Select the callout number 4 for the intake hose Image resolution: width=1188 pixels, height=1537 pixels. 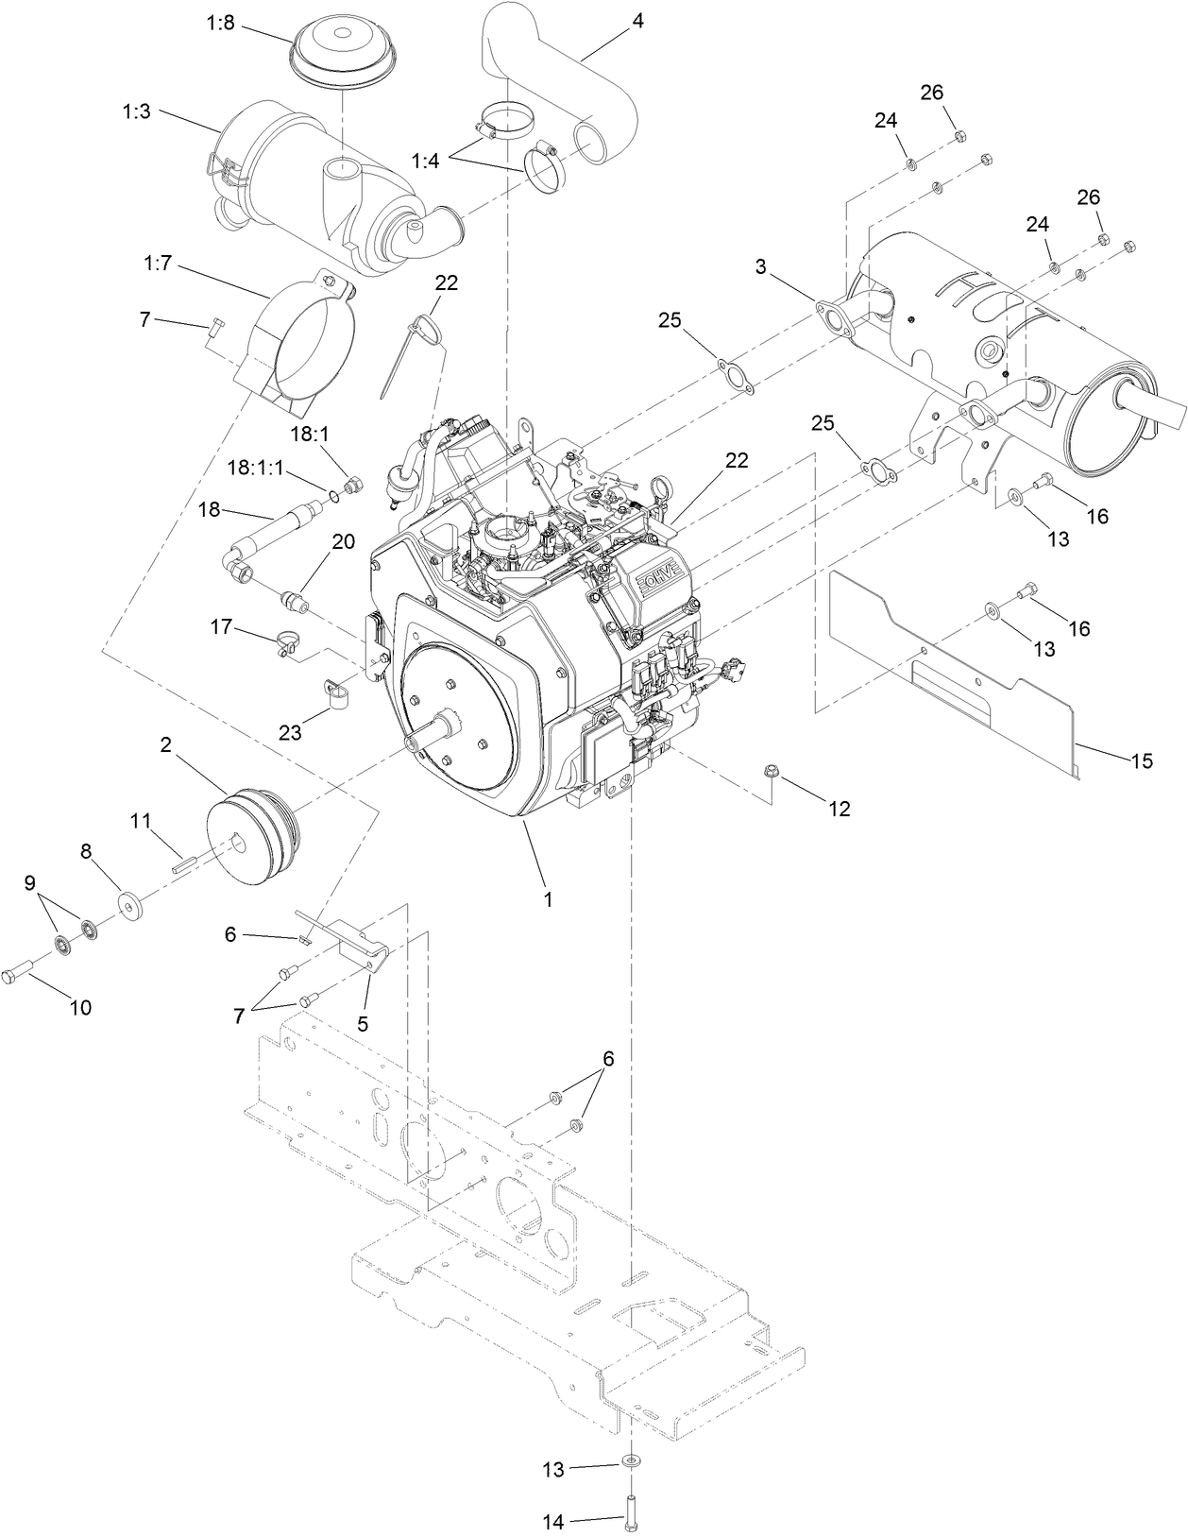pyautogui.click(x=638, y=20)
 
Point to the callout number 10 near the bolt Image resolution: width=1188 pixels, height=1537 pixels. pyautogui.click(x=81, y=1007)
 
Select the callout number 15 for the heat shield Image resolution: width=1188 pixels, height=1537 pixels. pyautogui.click(x=1142, y=760)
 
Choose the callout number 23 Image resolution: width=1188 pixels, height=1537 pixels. pyautogui.click(x=290, y=732)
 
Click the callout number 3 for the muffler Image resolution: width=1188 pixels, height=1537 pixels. pyautogui.click(x=761, y=266)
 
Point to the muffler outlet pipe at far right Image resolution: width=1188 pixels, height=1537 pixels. pyautogui.click(x=1157, y=411)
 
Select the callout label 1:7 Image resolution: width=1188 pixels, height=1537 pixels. pyautogui.click(x=160, y=264)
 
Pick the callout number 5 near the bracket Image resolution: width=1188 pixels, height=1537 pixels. pyautogui.click(x=363, y=1023)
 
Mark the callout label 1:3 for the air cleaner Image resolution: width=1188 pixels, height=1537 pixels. pyautogui.click(x=136, y=111)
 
